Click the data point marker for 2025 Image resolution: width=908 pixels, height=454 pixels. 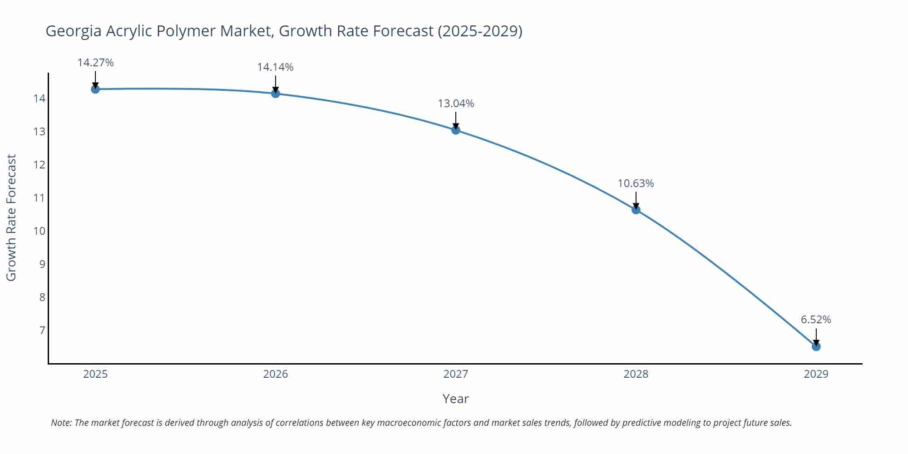tap(95, 89)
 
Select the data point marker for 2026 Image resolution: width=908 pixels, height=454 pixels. tap(276, 94)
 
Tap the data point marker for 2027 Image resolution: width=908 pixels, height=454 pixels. tap(456, 130)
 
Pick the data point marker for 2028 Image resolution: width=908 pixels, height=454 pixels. tap(636, 210)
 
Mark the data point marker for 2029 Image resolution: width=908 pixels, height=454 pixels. tap(816, 346)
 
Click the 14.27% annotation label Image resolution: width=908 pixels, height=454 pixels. tap(95, 63)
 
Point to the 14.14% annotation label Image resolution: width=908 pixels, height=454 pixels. tap(275, 67)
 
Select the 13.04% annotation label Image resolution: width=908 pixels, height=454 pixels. tap(456, 104)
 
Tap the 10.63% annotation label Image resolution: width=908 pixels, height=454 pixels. tap(636, 183)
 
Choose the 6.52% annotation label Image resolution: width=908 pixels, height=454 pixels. tap(816, 320)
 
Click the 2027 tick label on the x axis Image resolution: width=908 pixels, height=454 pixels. tap(456, 374)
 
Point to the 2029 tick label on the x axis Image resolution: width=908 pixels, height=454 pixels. tap(816, 374)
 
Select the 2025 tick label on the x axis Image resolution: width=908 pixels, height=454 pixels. tap(95, 374)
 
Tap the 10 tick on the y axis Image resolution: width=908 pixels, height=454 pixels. tap(39, 231)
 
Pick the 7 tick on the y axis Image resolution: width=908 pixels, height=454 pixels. tap(42, 330)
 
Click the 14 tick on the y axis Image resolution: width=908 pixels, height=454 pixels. tap(39, 99)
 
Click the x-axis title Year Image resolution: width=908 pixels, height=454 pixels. tap(455, 399)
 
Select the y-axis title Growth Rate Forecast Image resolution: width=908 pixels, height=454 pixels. tap(11, 217)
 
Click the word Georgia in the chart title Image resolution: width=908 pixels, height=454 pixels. tap(74, 31)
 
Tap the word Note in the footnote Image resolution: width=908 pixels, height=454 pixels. tap(61, 423)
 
